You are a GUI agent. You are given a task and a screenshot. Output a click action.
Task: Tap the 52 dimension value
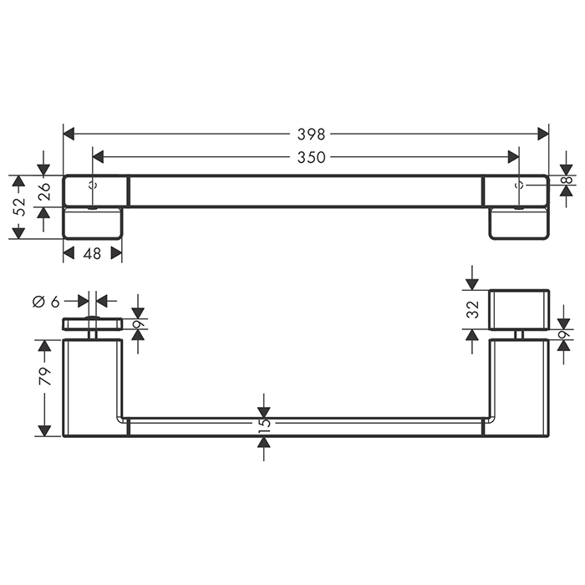pyautogui.click(x=19, y=206)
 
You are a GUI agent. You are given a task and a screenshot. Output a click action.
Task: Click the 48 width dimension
pyautogui.click(x=92, y=252)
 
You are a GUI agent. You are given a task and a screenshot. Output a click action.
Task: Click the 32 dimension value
pyautogui.click(x=472, y=309)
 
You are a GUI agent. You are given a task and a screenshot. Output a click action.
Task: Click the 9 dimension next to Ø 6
pyautogui.click(x=139, y=324)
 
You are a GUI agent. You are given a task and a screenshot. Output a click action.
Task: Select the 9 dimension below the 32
pyautogui.click(x=563, y=334)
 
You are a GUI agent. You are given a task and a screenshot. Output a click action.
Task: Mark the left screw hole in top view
pyautogui.click(x=93, y=183)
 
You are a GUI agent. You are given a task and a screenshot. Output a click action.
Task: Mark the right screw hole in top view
pyautogui.click(x=519, y=183)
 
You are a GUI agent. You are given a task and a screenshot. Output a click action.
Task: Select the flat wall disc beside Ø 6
pyautogui.click(x=92, y=324)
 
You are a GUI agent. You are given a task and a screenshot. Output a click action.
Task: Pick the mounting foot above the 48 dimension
pyautogui.click(x=92, y=223)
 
